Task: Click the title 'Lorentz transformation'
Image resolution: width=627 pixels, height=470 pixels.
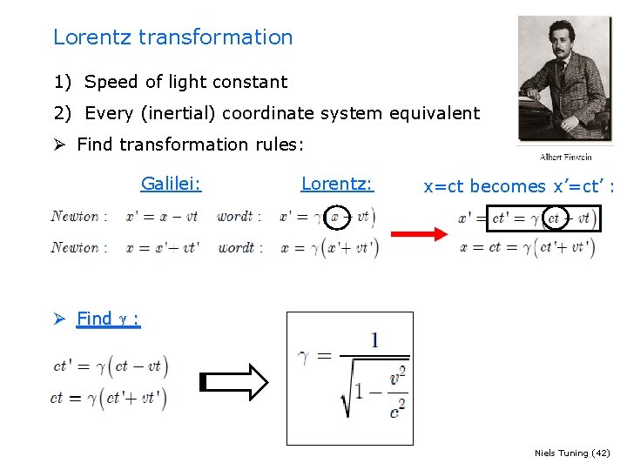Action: tap(172, 37)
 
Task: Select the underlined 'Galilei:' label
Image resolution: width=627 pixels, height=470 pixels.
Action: tap(171, 184)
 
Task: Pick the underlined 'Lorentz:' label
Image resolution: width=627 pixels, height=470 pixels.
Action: tap(336, 184)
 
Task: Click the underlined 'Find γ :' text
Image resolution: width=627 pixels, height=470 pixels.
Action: tap(108, 319)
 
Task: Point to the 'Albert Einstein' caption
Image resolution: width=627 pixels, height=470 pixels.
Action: tap(566, 157)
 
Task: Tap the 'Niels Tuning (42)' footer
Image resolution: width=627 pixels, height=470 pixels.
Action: tap(571, 453)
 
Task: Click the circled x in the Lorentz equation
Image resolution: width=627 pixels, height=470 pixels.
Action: tap(335, 216)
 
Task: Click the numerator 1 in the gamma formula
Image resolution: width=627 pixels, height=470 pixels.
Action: tap(374, 339)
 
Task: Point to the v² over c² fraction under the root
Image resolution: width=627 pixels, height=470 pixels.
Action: tap(397, 391)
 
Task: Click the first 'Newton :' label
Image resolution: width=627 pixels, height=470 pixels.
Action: tap(79, 216)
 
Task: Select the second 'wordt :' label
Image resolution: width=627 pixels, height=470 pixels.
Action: tap(239, 247)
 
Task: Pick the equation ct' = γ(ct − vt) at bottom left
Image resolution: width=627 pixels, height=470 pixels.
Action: tap(111, 366)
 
